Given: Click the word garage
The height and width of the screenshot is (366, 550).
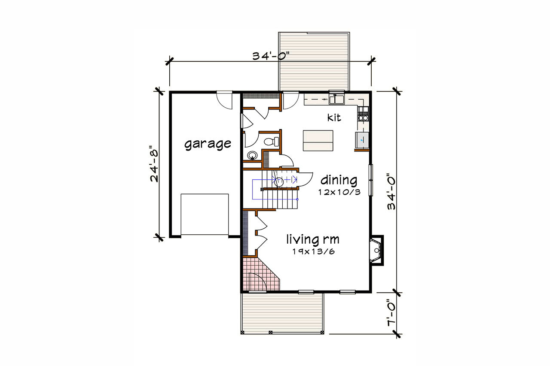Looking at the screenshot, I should point(208,144).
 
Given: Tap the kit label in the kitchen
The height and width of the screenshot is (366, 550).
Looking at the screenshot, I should point(334,117).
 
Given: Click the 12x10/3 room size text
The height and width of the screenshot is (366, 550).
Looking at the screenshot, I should point(339,192).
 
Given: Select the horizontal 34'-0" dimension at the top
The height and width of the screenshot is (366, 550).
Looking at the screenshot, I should point(272,56).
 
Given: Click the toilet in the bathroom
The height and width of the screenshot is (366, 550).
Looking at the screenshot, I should point(271,141).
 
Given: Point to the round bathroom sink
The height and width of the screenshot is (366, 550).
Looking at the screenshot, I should point(252,155).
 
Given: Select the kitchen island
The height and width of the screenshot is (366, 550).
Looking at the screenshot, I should point(318,140).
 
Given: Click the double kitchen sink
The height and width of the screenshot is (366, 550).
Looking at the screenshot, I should point(336,100).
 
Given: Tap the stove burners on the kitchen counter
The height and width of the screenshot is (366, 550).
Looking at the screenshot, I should point(363,115).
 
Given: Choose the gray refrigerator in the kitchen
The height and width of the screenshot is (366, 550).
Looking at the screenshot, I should point(362,140).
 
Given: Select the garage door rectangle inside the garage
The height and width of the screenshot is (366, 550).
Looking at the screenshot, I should point(205,215).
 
